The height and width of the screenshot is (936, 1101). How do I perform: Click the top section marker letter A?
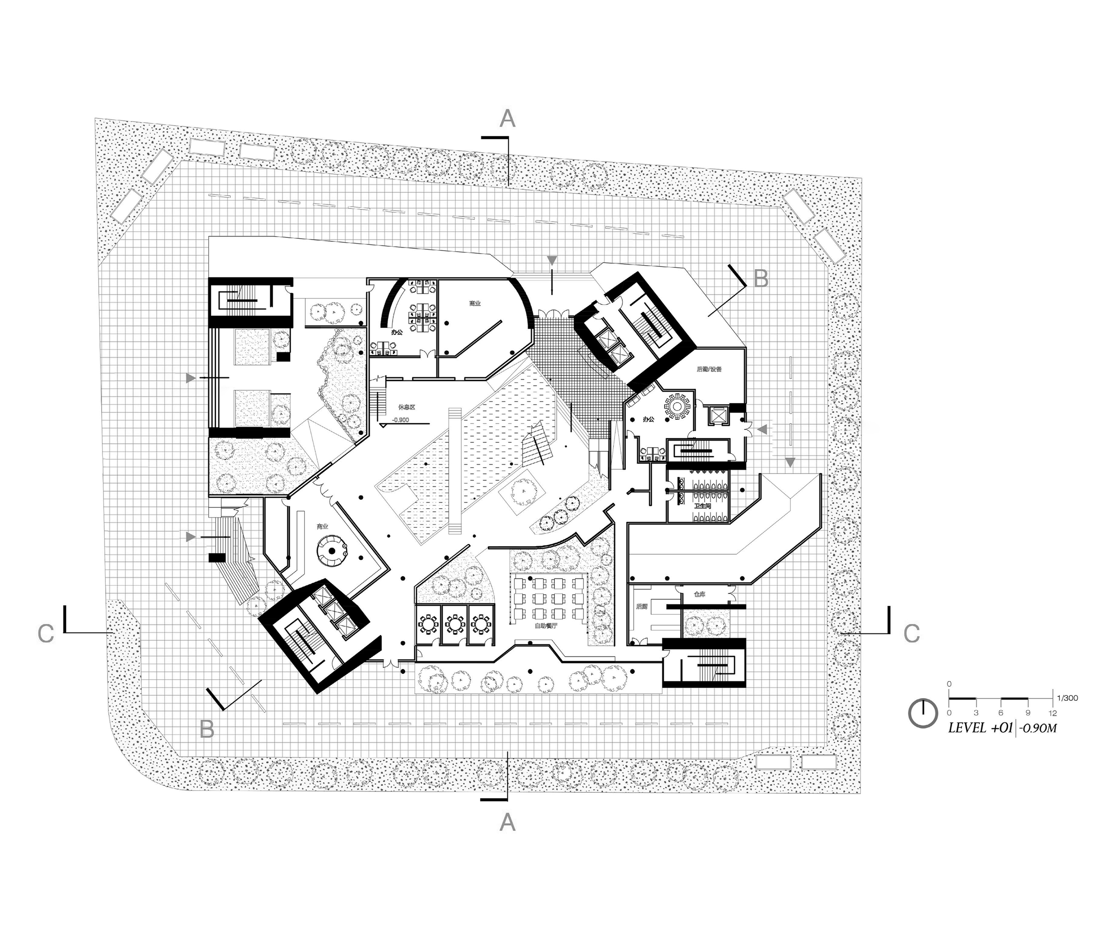[x=507, y=119]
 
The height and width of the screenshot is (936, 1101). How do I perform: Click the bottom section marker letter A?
[x=507, y=822]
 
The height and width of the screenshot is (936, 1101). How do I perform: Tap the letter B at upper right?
[x=761, y=278]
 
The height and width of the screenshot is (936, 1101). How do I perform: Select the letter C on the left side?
[x=46, y=633]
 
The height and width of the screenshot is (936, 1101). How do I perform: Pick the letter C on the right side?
[x=911, y=633]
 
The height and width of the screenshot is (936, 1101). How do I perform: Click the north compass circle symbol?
[x=923, y=713]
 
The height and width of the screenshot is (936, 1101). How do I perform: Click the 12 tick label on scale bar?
[x=1052, y=713]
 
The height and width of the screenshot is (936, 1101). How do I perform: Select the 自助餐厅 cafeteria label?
[x=546, y=625]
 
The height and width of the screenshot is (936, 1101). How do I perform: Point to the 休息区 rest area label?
[x=406, y=407]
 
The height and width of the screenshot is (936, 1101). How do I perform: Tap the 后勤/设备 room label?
[x=709, y=369]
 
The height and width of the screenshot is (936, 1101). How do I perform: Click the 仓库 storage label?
[x=699, y=594]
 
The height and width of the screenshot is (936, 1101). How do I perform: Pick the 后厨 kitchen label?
[x=642, y=606]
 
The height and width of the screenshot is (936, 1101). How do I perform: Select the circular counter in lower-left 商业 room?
[x=332, y=550]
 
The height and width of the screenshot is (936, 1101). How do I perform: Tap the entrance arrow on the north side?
[x=552, y=260]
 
